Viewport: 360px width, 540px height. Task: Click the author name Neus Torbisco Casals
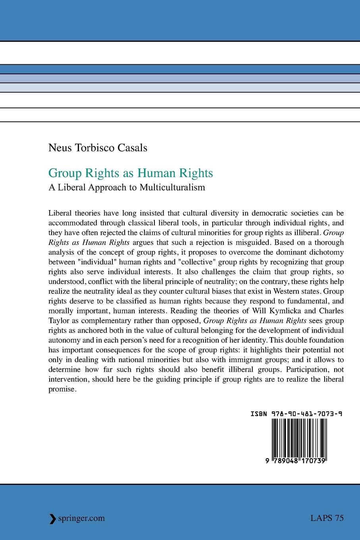(x=98, y=148)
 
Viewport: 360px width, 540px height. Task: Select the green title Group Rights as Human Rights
(x=131, y=173)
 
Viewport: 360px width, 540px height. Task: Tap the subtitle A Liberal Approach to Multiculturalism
(x=127, y=187)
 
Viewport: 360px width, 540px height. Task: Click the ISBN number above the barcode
(x=296, y=413)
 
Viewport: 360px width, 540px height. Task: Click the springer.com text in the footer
(x=81, y=518)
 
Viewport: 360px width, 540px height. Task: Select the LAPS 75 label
(x=327, y=518)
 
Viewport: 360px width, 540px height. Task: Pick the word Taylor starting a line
(x=58, y=320)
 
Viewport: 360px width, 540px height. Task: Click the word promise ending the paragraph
(x=61, y=389)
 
